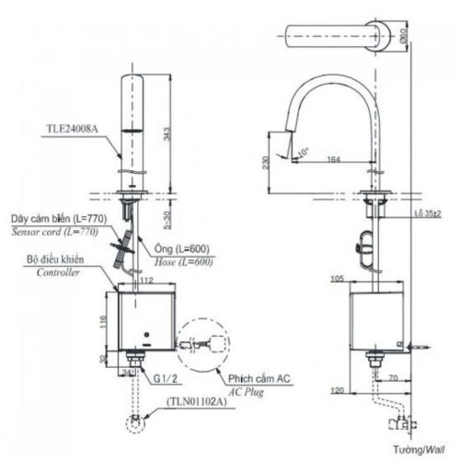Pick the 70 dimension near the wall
[390, 377]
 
